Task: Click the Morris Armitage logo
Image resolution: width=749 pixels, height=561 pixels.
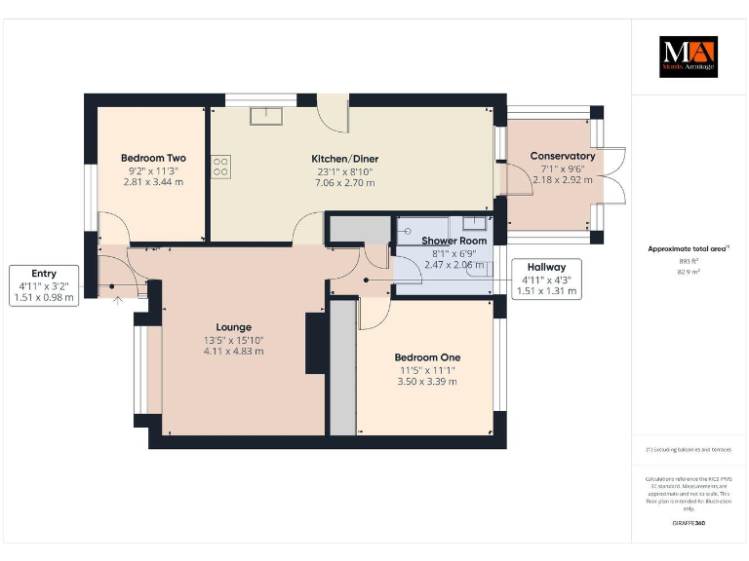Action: coord(689,57)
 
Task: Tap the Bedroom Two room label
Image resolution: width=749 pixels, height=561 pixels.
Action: coord(153,158)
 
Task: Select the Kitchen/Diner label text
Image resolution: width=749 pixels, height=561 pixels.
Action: coord(344,159)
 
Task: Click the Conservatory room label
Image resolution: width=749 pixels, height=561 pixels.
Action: coord(562,156)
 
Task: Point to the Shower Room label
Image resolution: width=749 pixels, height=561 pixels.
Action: coord(453,241)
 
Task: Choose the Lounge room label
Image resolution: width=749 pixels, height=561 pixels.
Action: coord(233,327)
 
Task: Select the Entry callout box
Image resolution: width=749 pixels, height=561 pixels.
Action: coord(44,285)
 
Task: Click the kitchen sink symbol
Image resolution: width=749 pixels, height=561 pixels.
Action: coord(265,116)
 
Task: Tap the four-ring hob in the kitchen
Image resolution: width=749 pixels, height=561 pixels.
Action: coord(220,168)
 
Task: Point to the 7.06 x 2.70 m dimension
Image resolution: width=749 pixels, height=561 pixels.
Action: coord(344,182)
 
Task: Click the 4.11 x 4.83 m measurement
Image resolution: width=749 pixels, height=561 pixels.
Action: coord(233,351)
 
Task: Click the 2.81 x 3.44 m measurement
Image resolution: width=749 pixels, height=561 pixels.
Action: coord(153,181)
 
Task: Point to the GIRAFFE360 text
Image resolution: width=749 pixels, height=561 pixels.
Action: coord(689,524)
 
